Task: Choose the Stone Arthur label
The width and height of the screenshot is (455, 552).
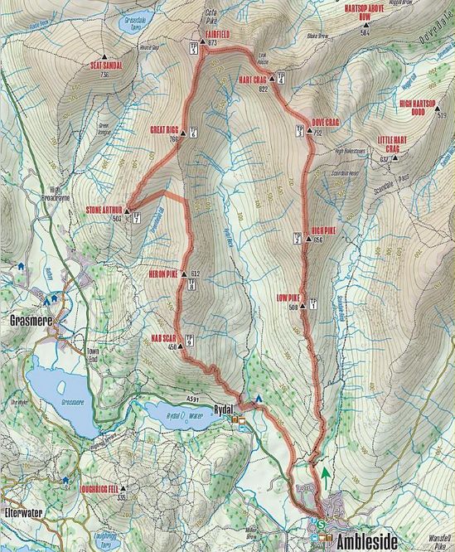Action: pyautogui.click(x=104, y=211)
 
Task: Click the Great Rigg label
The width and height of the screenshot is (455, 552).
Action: pyautogui.click(x=165, y=130)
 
